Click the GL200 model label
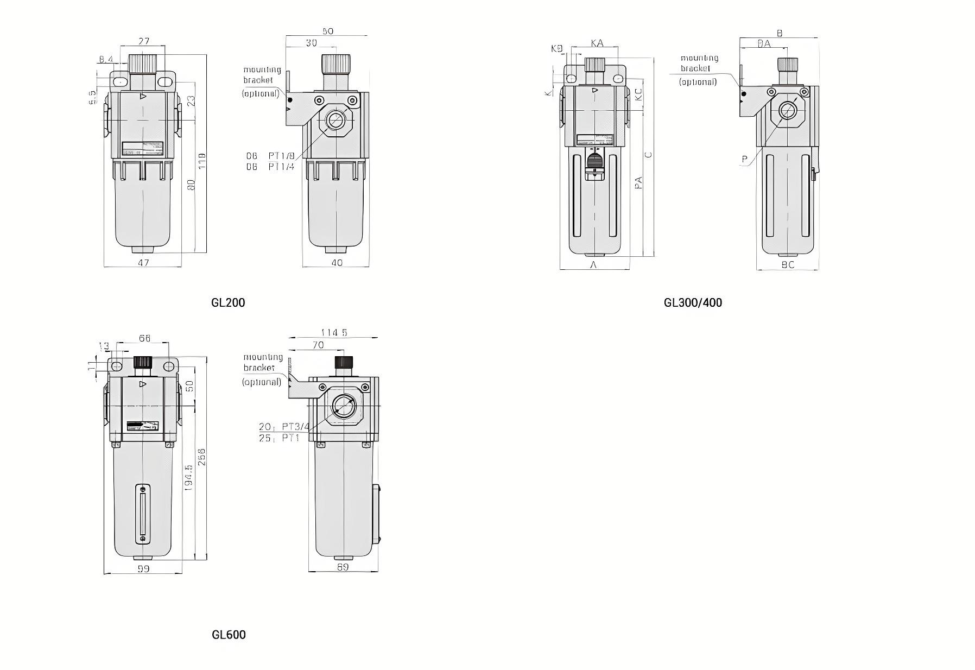tap(228, 302)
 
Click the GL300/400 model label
tap(693, 302)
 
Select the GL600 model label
tap(229, 635)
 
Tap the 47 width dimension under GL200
tap(143, 262)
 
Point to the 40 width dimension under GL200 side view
tap(337, 262)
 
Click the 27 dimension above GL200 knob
tap(144, 41)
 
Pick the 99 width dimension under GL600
tap(143, 568)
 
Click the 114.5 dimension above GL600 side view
tap(334, 332)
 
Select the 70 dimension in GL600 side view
tap(318, 345)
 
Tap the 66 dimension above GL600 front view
tap(144, 338)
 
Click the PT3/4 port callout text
tap(295, 427)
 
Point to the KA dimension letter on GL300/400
tap(597, 43)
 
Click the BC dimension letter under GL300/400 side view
tap(788, 264)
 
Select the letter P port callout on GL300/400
tap(745, 159)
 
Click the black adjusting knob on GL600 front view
tap(143, 362)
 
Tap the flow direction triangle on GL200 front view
tap(143, 97)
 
